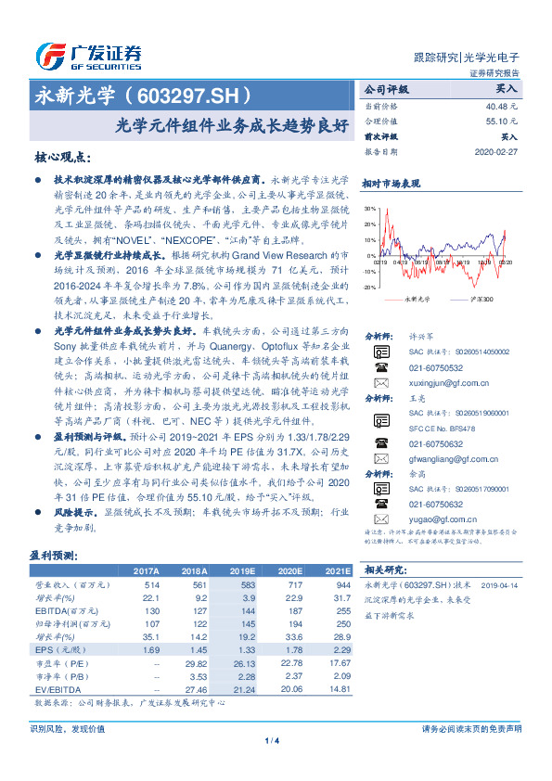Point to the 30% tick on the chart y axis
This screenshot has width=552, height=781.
point(370,210)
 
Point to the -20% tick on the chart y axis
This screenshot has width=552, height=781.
point(369,287)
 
